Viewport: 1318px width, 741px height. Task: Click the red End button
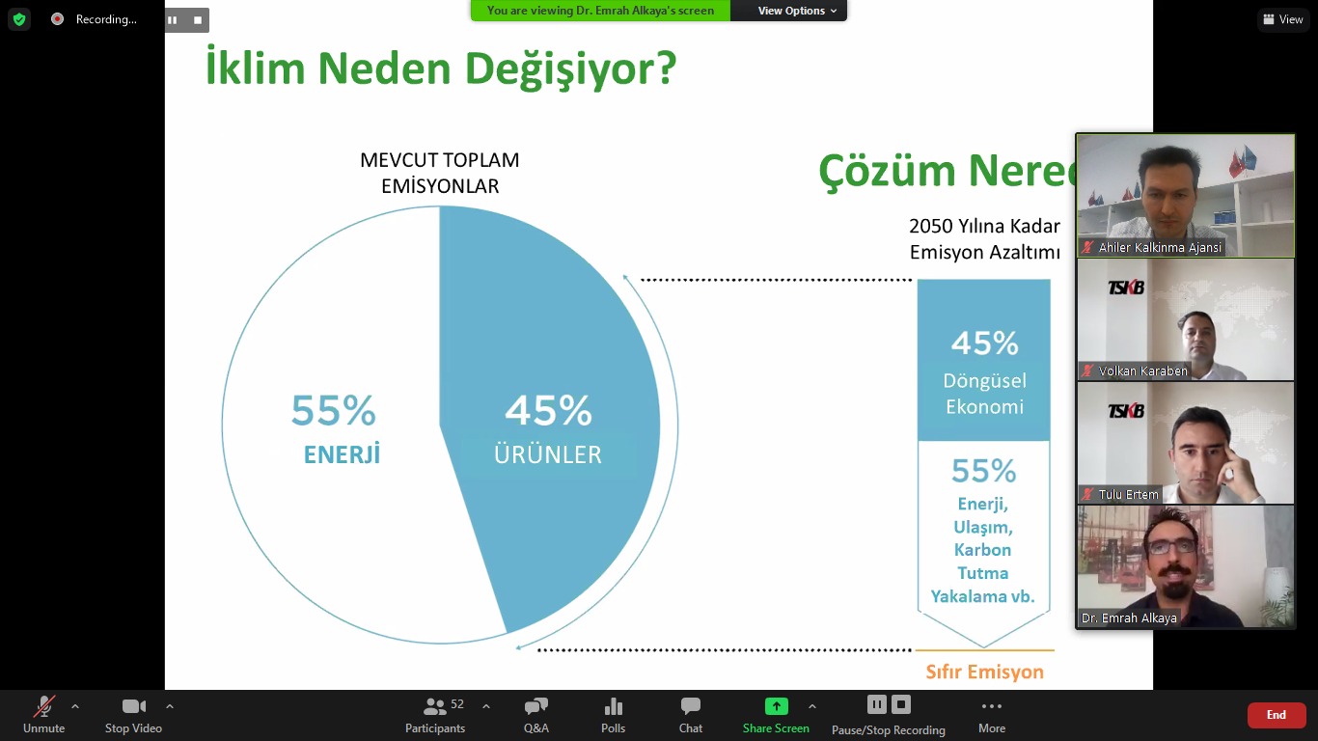pos(1276,715)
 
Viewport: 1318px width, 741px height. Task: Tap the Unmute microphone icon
pos(43,705)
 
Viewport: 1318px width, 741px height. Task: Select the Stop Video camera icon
pos(133,705)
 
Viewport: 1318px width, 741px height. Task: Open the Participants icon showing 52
pos(435,705)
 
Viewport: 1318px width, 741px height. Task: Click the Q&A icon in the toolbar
pos(536,705)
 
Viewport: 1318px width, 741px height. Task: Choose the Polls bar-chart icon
pos(613,705)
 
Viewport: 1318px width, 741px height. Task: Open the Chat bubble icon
pos(690,705)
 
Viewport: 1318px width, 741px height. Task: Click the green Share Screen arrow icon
pos(776,705)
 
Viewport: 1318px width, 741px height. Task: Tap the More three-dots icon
pos(992,705)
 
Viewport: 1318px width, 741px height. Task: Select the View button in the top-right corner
pos(1283,19)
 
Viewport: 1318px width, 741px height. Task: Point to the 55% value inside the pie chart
pos(333,410)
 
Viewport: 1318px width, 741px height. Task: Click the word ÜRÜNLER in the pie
pos(548,454)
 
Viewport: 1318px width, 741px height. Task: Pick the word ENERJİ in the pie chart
pos(342,454)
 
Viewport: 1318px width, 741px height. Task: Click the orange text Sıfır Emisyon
pos(984,672)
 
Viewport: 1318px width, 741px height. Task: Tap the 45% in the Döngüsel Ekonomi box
pos(984,343)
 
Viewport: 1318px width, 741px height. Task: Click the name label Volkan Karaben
pos(1142,370)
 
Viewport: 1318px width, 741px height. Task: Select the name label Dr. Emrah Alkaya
pos(1129,618)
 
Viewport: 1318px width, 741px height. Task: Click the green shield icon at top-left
pos(19,19)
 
